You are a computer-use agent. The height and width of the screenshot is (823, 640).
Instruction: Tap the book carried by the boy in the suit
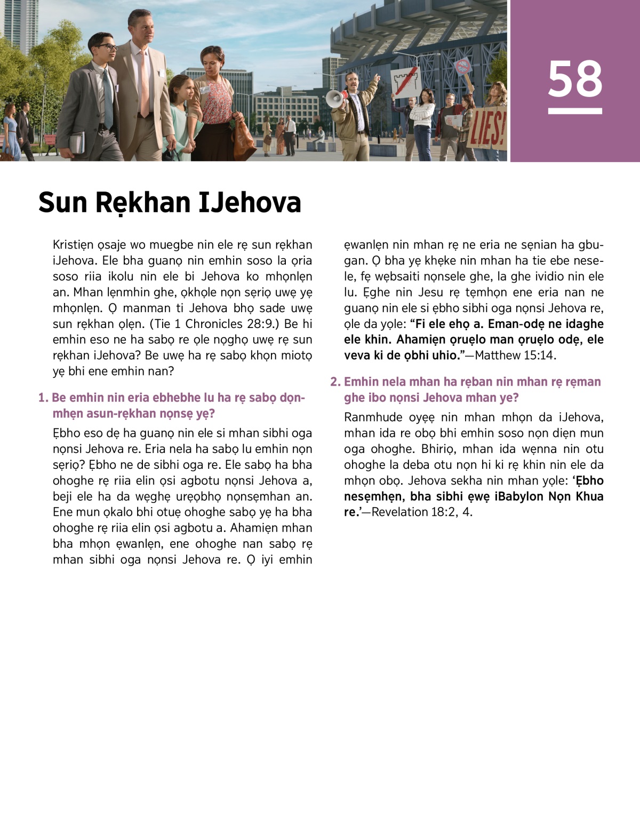click(x=77, y=142)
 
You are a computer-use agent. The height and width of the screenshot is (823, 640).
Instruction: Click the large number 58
click(x=575, y=79)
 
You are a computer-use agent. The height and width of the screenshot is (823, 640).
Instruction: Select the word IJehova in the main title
click(x=250, y=203)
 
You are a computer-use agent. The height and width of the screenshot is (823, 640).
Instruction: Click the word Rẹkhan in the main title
click(x=142, y=203)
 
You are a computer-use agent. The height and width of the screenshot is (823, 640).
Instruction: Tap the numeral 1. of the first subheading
click(x=43, y=398)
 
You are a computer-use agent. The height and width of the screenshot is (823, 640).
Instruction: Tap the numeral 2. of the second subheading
click(x=335, y=382)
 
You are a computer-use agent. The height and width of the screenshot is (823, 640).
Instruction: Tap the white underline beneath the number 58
click(x=575, y=111)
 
